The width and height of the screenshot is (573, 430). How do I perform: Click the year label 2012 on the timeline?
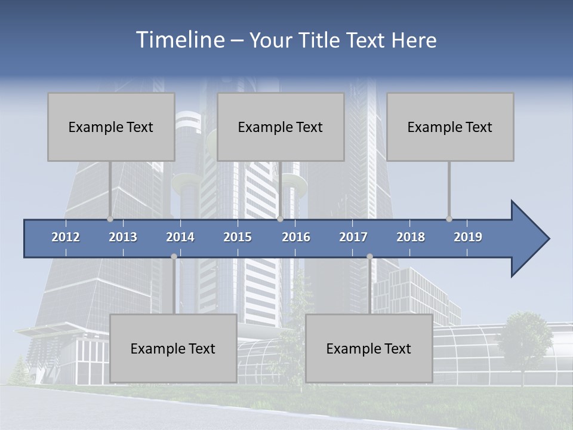click(66, 237)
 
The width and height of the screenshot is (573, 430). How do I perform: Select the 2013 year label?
click(123, 237)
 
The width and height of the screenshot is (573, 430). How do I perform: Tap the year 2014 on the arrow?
click(180, 237)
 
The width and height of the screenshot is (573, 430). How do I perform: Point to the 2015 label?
click(238, 237)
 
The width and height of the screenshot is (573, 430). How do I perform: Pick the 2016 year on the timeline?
click(296, 237)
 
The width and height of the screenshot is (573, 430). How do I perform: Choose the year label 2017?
click(353, 237)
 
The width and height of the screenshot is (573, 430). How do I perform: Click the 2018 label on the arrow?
click(411, 237)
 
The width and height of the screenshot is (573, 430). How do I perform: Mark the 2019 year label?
click(468, 237)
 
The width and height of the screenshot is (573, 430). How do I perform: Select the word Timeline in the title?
click(179, 40)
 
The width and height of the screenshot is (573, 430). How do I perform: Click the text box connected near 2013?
click(111, 127)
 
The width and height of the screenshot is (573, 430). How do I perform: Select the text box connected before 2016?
click(281, 127)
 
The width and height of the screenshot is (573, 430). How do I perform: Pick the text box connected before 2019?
click(450, 127)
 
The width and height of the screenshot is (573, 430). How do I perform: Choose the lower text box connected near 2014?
click(173, 348)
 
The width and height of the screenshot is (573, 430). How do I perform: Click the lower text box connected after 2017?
click(369, 348)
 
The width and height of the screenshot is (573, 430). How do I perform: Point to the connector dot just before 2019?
click(449, 219)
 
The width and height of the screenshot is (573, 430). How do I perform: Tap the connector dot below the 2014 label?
click(174, 256)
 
